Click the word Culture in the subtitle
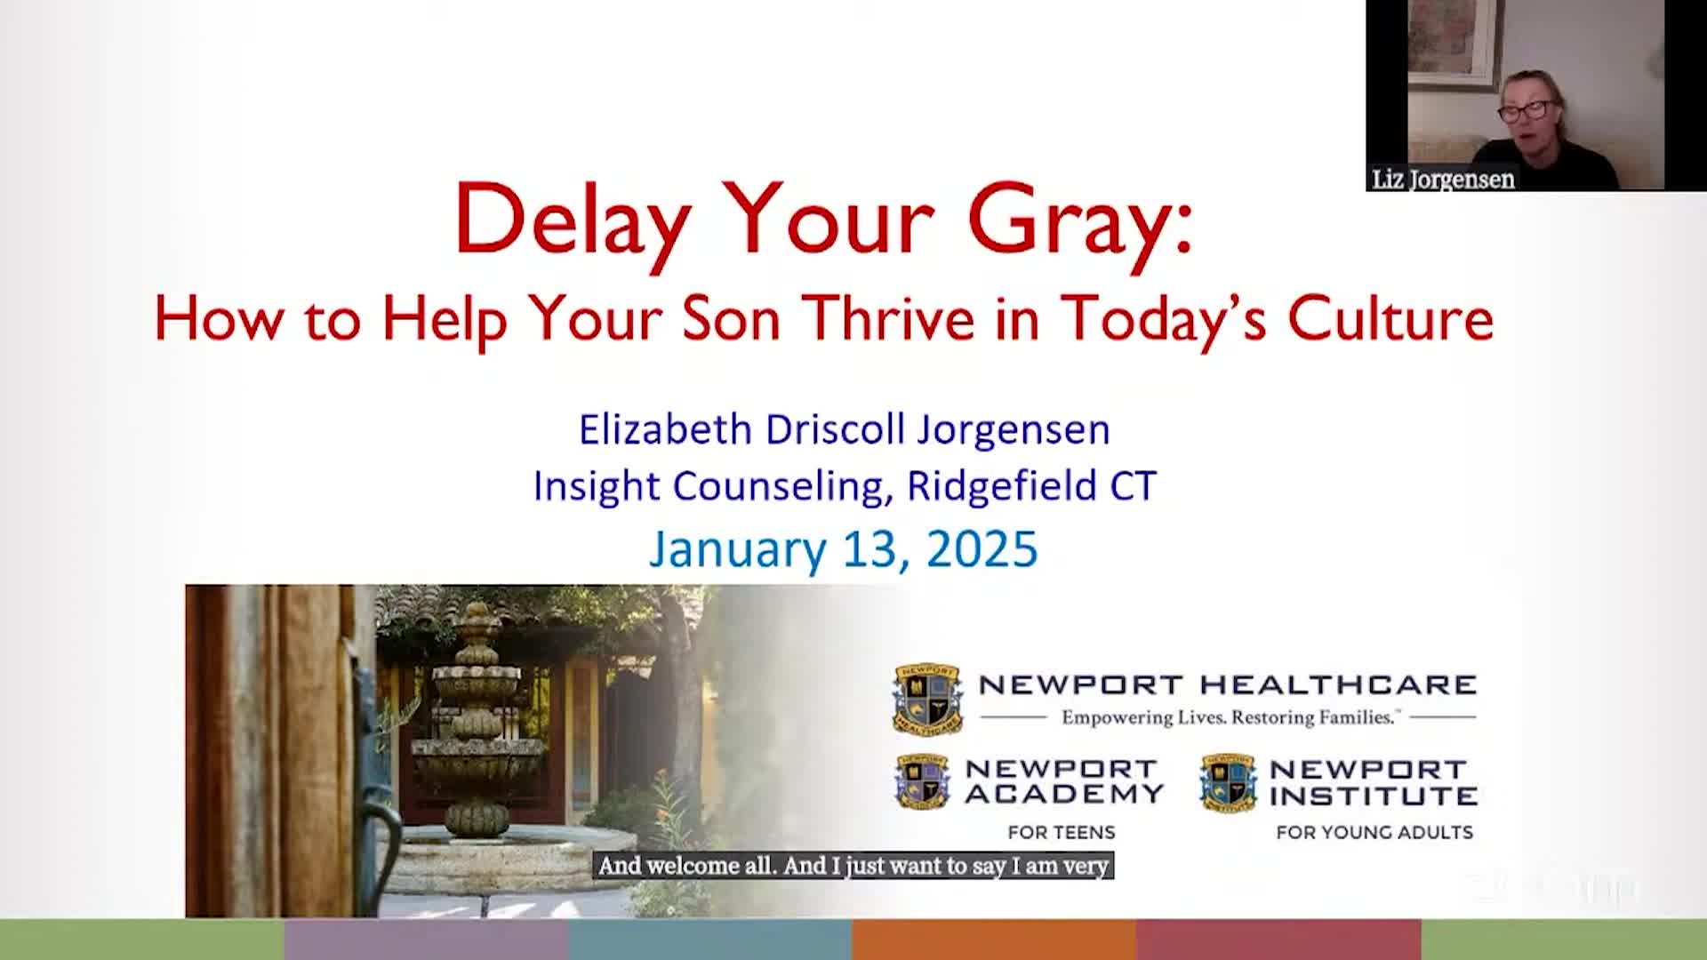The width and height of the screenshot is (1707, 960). (x=1390, y=318)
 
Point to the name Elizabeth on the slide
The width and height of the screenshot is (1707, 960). (x=665, y=429)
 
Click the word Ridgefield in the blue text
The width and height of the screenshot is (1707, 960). (x=1001, y=486)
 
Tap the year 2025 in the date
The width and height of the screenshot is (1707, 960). (x=982, y=548)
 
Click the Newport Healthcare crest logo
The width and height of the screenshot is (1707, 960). (x=927, y=699)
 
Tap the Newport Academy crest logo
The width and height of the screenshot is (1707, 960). (x=923, y=782)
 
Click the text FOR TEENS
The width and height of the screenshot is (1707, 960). (x=1061, y=833)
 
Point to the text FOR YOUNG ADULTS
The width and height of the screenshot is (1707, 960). (x=1374, y=833)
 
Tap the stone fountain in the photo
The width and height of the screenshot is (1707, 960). (x=477, y=720)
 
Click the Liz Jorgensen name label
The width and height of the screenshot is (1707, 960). (x=1443, y=180)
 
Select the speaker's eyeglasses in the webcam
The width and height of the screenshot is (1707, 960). (x=1526, y=111)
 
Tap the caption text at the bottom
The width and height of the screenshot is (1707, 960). (x=853, y=866)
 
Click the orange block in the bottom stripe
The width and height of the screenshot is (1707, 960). (x=994, y=940)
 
